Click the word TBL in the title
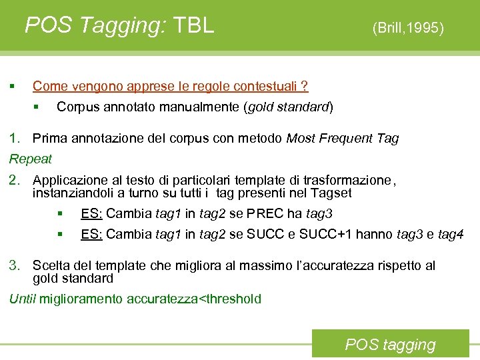coord(193,25)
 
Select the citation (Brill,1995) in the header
coord(408,27)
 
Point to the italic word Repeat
coord(30,159)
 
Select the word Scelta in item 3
coord(49,266)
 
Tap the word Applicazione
coord(67,180)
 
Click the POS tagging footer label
coord(390,345)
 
